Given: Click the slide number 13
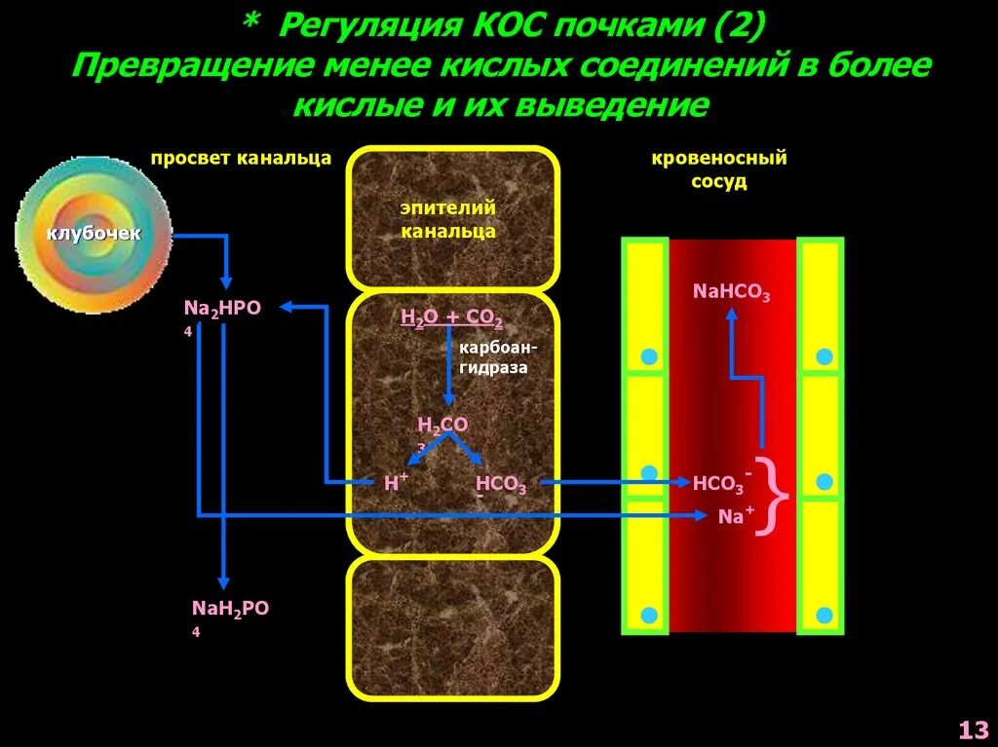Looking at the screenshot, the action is [x=973, y=728].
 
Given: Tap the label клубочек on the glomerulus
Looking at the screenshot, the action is [x=95, y=234].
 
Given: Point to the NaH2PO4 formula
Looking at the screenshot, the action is [x=229, y=610].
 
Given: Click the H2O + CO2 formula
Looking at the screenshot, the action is [x=451, y=317].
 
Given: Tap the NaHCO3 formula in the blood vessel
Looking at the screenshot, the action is [x=731, y=290].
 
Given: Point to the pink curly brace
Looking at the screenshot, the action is [x=777, y=497].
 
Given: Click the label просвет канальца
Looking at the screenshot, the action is [x=241, y=158].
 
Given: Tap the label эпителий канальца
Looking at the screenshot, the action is [x=448, y=219].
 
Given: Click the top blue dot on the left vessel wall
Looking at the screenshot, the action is [x=648, y=356].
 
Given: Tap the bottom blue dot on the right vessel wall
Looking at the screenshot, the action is [x=825, y=615].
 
